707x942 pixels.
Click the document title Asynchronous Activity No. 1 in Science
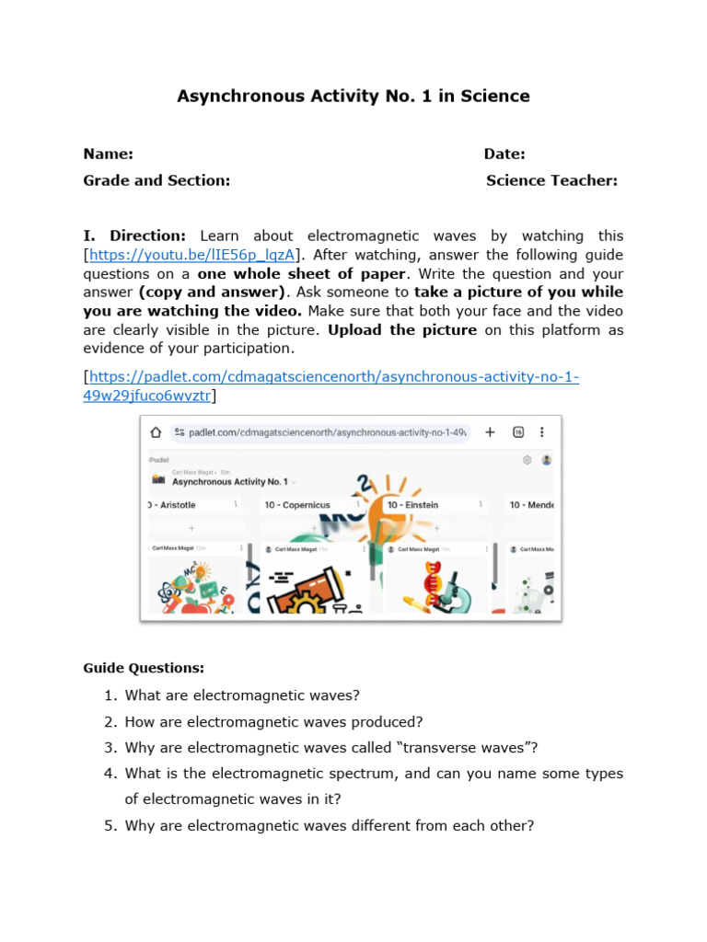353,96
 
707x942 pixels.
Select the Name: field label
108,155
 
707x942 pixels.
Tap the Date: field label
504,155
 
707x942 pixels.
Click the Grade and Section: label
156,180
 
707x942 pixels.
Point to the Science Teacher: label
551,180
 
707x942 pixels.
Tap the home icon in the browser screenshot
156,431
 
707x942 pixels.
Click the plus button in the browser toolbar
490,431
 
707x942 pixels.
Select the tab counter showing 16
518,431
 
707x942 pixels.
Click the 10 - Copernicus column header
296,505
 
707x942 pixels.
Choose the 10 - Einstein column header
412,505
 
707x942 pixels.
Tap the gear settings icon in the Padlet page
527,459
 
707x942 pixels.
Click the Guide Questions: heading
144,668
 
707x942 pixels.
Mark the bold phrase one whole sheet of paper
302,274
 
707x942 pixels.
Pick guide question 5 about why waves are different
329,826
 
